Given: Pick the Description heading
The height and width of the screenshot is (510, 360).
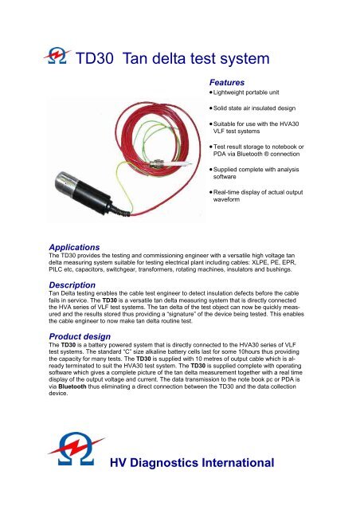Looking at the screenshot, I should (x=71, y=284).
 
